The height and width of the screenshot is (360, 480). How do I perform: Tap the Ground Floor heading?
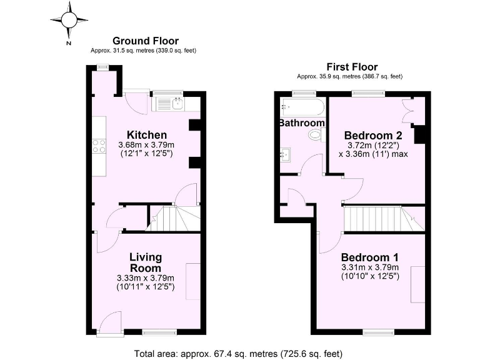[144, 41]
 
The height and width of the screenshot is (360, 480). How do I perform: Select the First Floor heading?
[352, 67]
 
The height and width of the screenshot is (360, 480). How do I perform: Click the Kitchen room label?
[147, 135]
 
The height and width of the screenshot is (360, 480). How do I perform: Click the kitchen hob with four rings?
[99, 146]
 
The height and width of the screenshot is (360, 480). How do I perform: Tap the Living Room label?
[146, 262]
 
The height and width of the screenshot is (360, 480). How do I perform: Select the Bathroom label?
[301, 123]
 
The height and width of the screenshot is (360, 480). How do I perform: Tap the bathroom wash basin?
[287, 152]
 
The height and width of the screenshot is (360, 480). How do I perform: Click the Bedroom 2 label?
[373, 135]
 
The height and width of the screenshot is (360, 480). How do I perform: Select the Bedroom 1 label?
[370, 257]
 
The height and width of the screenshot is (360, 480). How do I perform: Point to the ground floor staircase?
[172, 219]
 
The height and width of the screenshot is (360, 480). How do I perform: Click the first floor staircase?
[374, 218]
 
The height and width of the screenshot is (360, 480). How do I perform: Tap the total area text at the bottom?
[239, 353]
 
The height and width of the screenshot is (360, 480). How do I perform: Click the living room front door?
[108, 322]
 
